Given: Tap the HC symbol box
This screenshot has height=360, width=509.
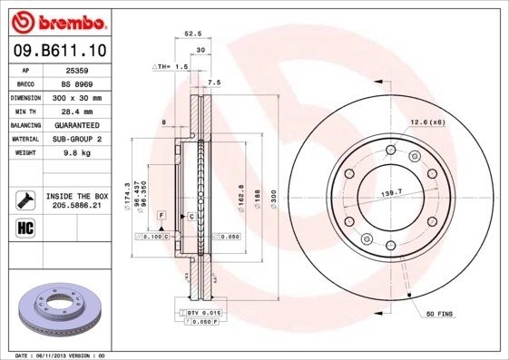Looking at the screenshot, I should [26, 227].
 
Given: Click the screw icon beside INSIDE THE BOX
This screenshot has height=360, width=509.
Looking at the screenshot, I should [26, 199].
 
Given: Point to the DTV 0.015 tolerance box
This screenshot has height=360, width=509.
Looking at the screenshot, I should [206, 312].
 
